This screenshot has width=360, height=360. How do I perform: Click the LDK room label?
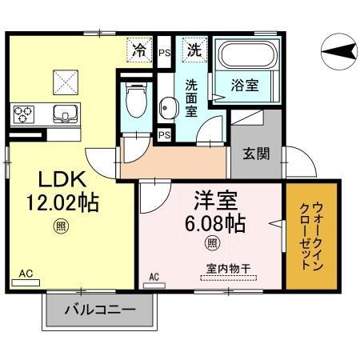(x=52, y=176)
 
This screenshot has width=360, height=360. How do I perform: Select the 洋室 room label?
(x=211, y=198)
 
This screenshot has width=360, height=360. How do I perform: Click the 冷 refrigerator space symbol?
(x=139, y=50)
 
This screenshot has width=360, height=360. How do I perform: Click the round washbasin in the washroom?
(x=167, y=106)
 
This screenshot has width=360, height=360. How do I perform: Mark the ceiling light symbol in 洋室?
(x=212, y=243)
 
